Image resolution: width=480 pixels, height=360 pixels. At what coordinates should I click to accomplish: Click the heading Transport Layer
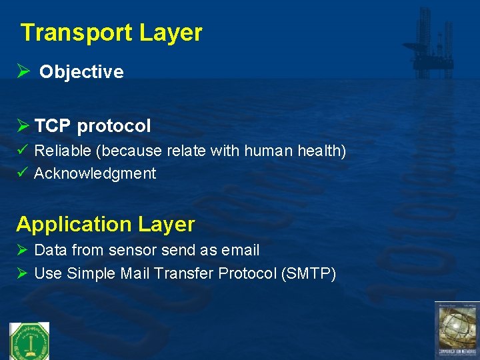(111, 33)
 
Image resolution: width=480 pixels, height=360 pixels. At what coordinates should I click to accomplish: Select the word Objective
(81, 73)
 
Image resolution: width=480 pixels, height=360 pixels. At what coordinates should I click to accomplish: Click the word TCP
(53, 126)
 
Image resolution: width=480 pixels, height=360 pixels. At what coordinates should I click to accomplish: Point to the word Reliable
(63, 151)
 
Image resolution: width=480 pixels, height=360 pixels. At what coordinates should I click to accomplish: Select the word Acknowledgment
(95, 174)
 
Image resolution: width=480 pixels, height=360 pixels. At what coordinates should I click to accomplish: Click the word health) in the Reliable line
(323, 151)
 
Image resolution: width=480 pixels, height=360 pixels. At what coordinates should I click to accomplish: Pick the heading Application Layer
(105, 224)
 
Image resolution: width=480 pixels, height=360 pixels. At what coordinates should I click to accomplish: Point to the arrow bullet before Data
(22, 251)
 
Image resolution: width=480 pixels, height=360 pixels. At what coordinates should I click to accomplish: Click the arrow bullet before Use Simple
(22, 273)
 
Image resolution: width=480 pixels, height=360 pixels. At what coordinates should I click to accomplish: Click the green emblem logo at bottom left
(29, 341)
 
